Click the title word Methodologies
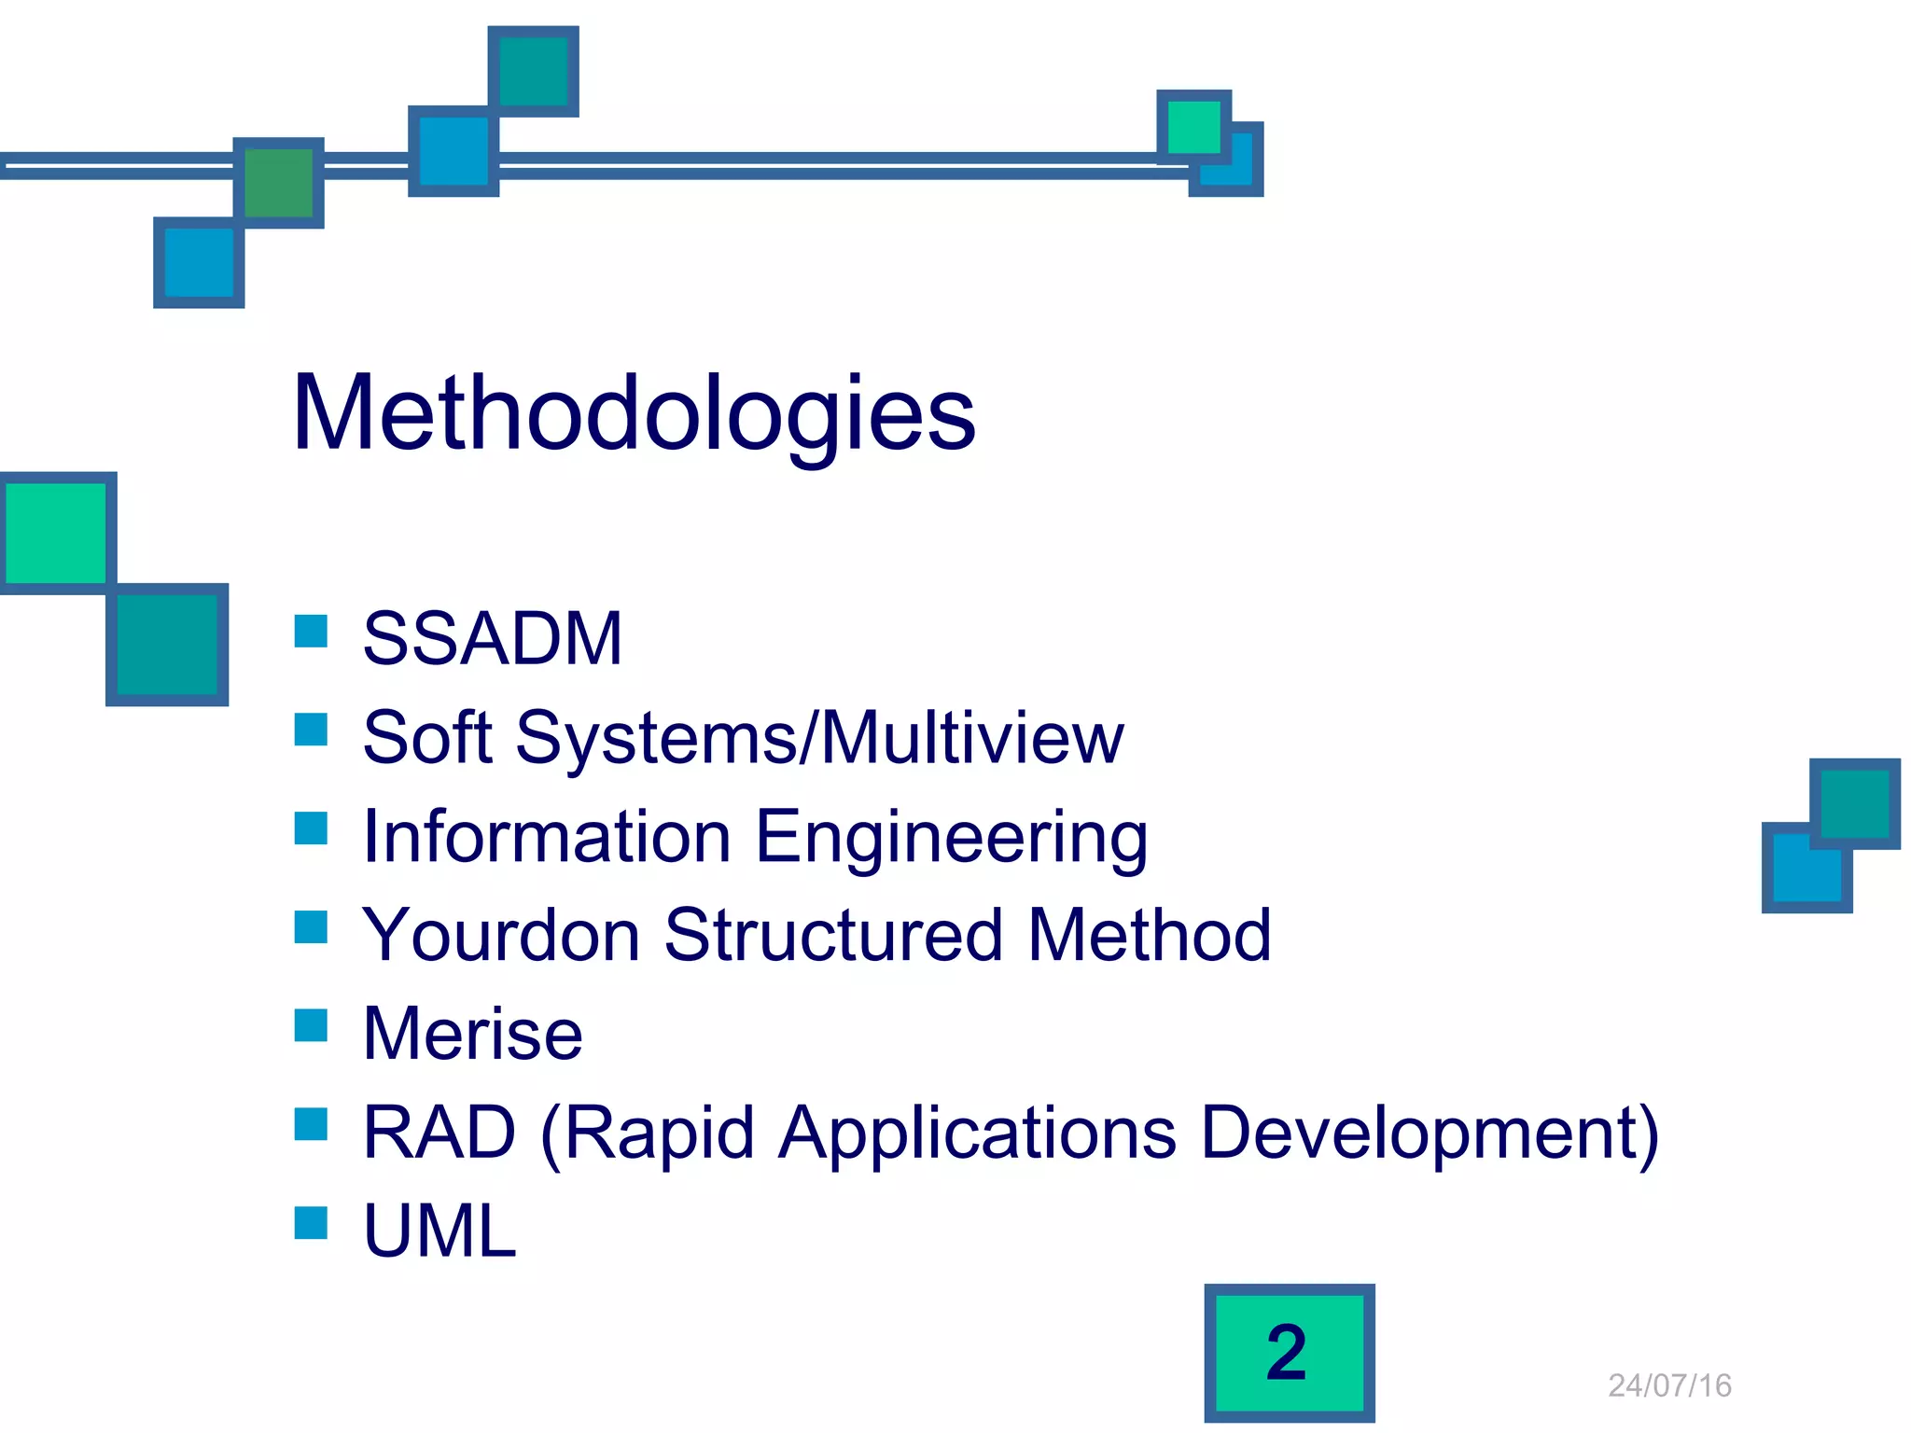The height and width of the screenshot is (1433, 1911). click(x=634, y=413)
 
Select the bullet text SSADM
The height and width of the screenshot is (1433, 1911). click(x=492, y=639)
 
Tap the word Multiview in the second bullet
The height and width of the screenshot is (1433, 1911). click(x=972, y=738)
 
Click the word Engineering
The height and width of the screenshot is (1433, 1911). click(x=951, y=837)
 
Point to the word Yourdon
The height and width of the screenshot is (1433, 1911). click(x=500, y=936)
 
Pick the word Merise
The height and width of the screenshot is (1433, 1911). click(x=472, y=1035)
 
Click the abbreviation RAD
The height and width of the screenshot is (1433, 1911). click(x=439, y=1133)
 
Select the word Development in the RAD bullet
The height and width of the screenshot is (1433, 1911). click(x=1429, y=1134)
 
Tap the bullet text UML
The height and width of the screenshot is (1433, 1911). click(x=439, y=1231)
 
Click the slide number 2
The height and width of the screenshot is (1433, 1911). click(x=1287, y=1353)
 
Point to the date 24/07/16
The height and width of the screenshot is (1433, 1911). click(x=1669, y=1386)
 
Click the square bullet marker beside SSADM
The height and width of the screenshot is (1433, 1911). click(x=311, y=632)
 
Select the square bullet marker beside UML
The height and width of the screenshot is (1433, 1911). click(x=311, y=1223)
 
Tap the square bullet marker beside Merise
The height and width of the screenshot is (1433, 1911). click(x=311, y=1025)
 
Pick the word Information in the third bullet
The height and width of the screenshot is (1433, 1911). click(x=546, y=837)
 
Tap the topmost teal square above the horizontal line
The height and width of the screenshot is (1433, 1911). click(x=534, y=72)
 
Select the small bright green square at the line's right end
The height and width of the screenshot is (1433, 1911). click(x=1193, y=127)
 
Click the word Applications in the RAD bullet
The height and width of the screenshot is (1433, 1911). click(x=977, y=1134)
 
